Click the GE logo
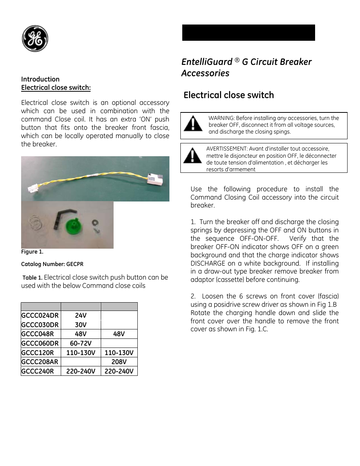click(x=35, y=38)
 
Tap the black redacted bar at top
click(x=248, y=33)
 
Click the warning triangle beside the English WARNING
click(x=193, y=124)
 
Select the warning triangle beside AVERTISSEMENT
click(x=192, y=156)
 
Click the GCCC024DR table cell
click(x=40, y=315)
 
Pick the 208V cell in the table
click(x=119, y=362)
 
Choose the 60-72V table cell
click(x=81, y=343)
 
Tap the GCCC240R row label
click(x=38, y=371)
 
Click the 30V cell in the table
click(x=81, y=325)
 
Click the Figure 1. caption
click(x=32, y=252)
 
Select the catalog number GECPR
click(x=75, y=264)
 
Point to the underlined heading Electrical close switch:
click(x=56, y=88)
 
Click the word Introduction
click(x=40, y=79)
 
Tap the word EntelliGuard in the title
click(x=207, y=62)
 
